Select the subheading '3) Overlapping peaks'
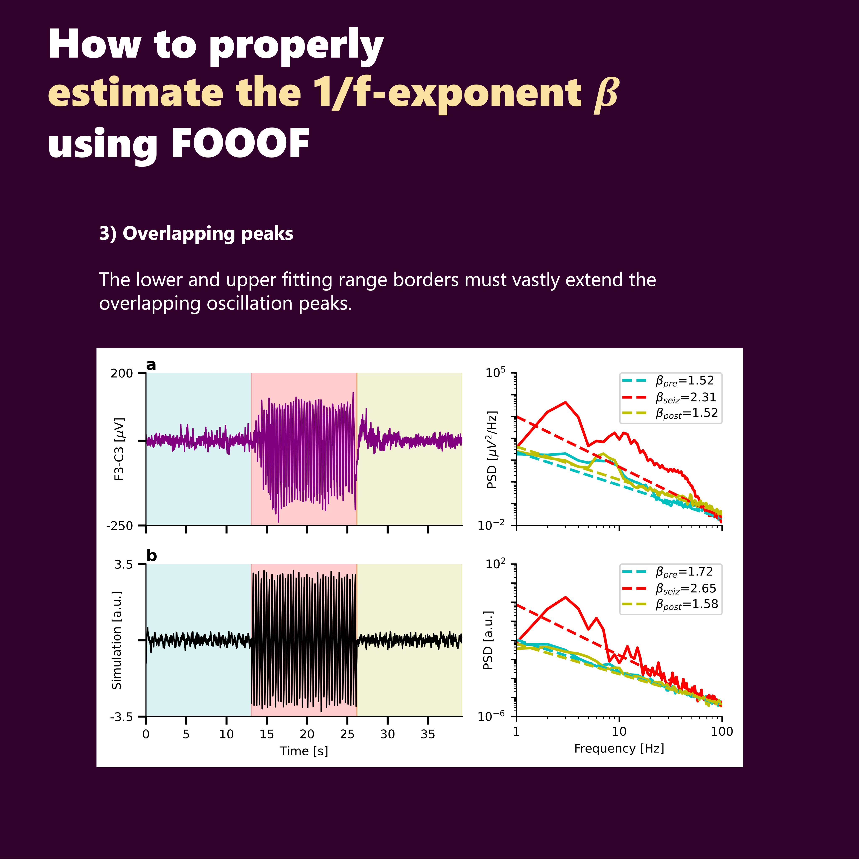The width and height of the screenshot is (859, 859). (x=196, y=233)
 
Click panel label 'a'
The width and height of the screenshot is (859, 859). (x=151, y=365)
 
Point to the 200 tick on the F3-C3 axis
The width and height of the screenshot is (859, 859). (x=122, y=373)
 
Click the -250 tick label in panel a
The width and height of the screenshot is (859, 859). (x=120, y=526)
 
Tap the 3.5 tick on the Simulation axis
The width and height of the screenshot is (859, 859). (x=124, y=565)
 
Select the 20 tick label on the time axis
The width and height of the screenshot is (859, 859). (x=307, y=734)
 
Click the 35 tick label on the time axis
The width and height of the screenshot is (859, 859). (x=428, y=734)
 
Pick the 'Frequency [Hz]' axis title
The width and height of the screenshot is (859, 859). (x=619, y=748)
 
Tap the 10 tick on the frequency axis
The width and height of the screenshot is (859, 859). (x=619, y=731)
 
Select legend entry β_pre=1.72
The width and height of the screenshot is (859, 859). (x=684, y=572)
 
